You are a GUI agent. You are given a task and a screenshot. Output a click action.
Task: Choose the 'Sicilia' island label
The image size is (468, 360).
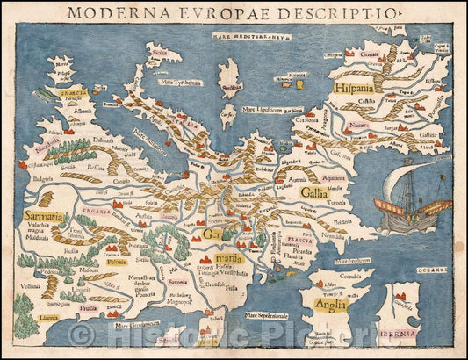point(160,54)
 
